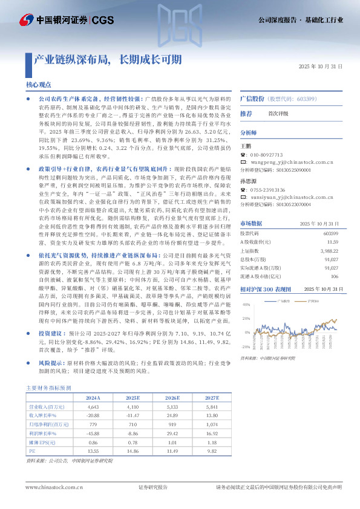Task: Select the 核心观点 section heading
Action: tap(38, 85)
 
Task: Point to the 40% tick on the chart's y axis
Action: tap(246, 320)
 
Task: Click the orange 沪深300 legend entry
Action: tap(312, 316)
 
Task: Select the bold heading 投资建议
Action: tap(51, 332)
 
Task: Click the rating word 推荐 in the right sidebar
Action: tap(246, 113)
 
